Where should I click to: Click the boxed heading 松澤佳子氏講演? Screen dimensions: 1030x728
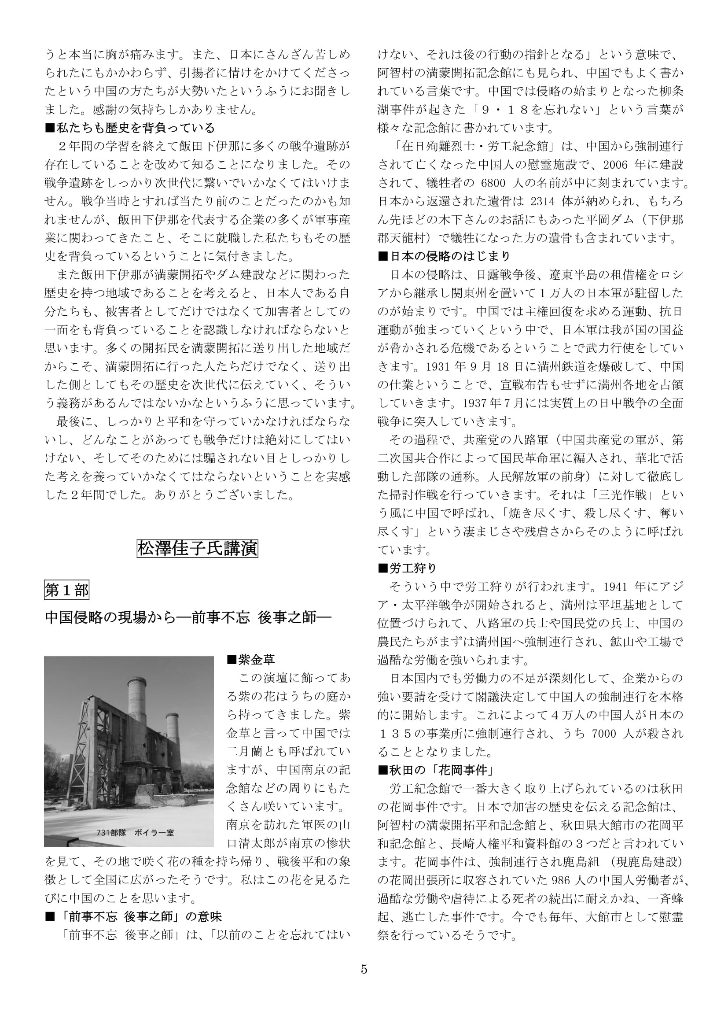197,549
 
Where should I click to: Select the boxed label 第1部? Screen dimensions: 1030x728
67,590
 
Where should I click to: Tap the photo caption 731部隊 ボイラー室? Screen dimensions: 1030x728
135,833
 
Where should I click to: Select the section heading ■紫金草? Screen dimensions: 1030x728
250,660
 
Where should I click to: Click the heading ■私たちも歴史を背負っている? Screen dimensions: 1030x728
130,128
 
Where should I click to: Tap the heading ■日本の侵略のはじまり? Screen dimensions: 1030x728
444,256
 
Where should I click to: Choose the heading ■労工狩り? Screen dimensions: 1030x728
408,568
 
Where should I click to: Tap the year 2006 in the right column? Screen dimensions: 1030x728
615,165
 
